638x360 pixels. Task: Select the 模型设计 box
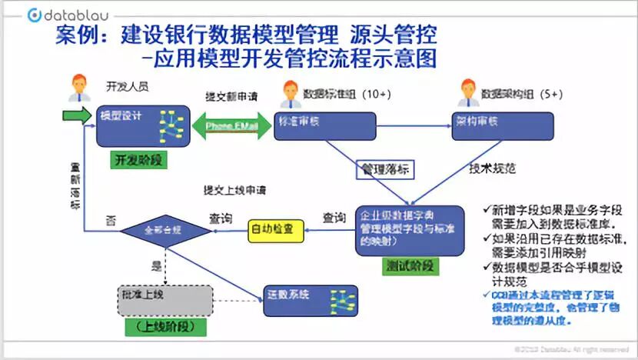click(142, 126)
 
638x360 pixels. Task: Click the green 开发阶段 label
click(139, 161)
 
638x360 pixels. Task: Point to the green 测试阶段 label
click(409, 266)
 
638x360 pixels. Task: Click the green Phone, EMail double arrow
click(231, 126)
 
